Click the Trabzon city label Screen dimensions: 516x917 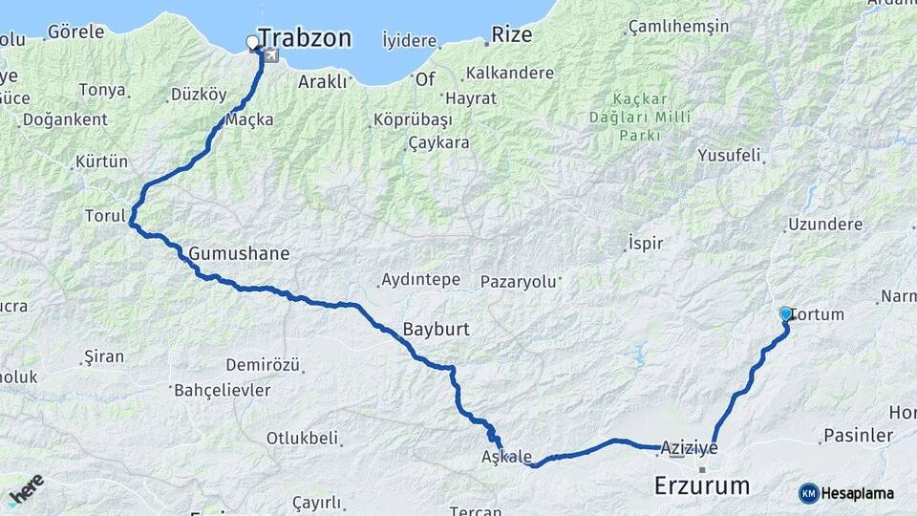point(305,38)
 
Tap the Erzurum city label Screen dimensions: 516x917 point(701,485)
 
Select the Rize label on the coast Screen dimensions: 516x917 point(511,35)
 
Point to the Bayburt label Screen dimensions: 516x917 point(436,329)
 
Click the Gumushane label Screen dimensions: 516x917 point(239,254)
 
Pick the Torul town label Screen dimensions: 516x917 point(105,216)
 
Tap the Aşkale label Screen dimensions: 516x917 point(507,458)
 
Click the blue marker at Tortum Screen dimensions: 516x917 point(786,313)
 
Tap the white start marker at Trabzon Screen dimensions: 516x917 point(252,42)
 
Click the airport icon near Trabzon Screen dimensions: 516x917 point(273,55)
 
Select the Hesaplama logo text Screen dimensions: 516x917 point(858,493)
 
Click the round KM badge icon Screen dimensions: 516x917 point(809,493)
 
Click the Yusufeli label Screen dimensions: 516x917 point(728,155)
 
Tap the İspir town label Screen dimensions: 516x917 point(646,243)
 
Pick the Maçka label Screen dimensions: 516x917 point(249,119)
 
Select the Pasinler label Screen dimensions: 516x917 point(858,436)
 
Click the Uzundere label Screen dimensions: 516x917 point(824,225)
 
